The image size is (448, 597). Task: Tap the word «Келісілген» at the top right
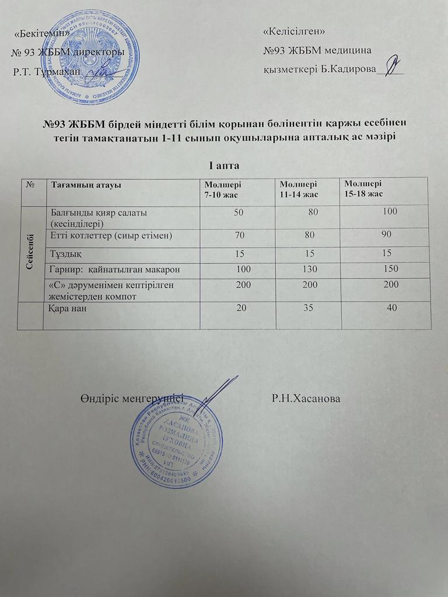(294, 30)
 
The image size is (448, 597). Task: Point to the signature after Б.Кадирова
(393, 66)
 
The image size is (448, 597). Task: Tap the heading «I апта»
(224, 166)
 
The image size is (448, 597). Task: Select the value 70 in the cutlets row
(239, 236)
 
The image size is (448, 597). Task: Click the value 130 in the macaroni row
(313, 269)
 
